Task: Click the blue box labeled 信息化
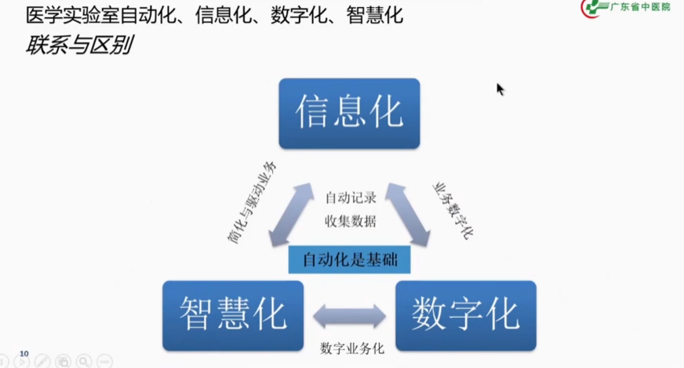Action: tap(349, 113)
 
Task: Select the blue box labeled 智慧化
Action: tap(232, 315)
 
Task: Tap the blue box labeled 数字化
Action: tap(466, 315)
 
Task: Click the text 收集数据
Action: tap(350, 221)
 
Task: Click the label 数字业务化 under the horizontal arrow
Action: tap(351, 348)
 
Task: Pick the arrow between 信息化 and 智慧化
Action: tap(285, 215)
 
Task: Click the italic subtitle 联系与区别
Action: tap(78, 46)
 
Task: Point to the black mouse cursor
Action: tap(500, 89)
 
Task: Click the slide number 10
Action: tap(24, 354)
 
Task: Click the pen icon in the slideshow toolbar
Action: tap(43, 362)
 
